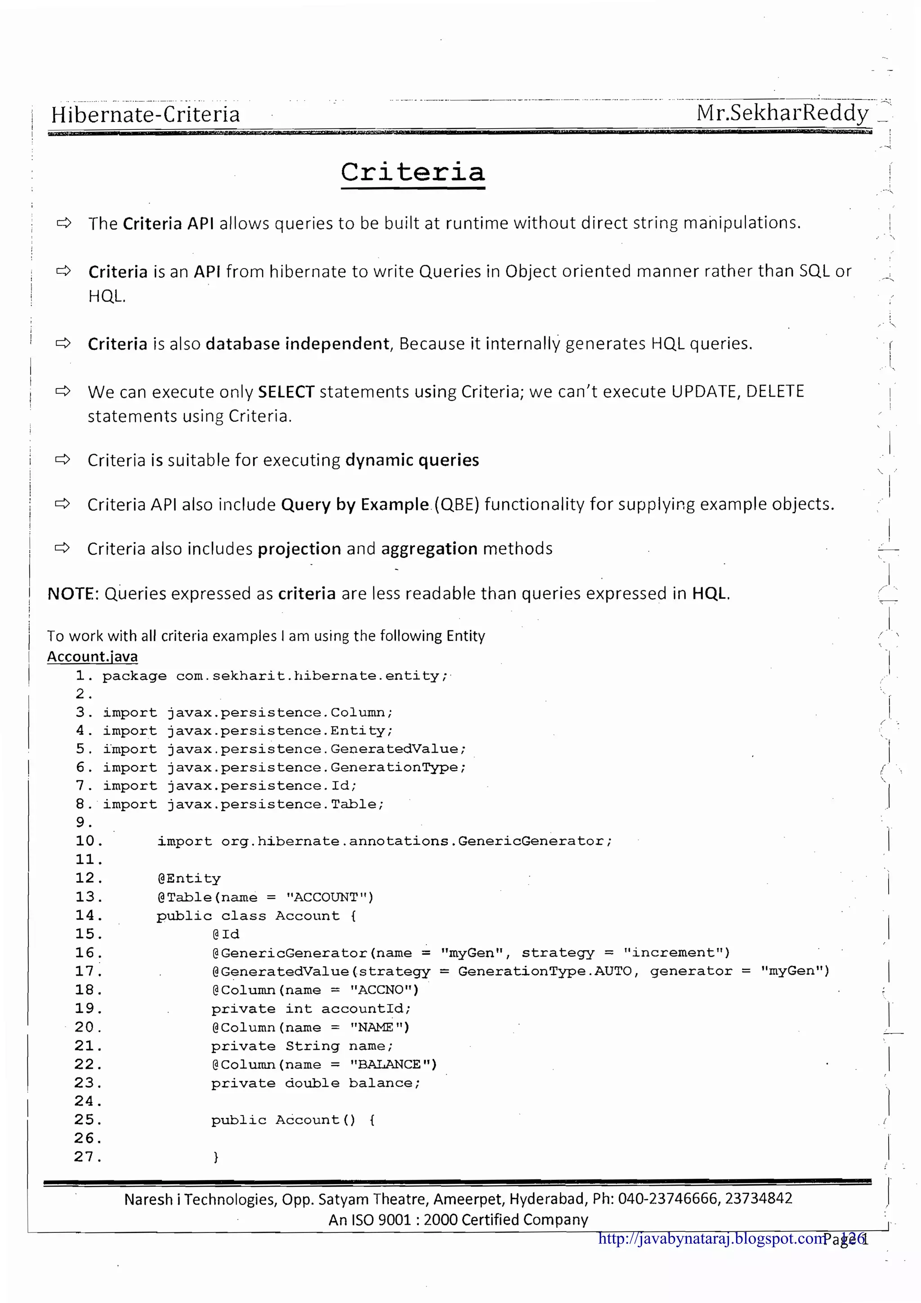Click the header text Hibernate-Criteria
[x=145, y=115]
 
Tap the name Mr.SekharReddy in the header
[x=782, y=113]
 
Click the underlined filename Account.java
[x=92, y=656]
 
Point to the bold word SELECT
[x=286, y=392]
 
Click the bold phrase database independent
[x=297, y=344]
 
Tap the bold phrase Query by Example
[x=355, y=504]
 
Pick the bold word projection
[x=300, y=549]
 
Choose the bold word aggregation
[x=429, y=549]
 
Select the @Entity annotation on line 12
[x=189, y=879]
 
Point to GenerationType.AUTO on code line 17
[x=545, y=972]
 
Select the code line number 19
[x=88, y=1008]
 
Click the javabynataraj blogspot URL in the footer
[x=711, y=1238]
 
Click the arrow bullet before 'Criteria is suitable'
[x=63, y=459]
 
